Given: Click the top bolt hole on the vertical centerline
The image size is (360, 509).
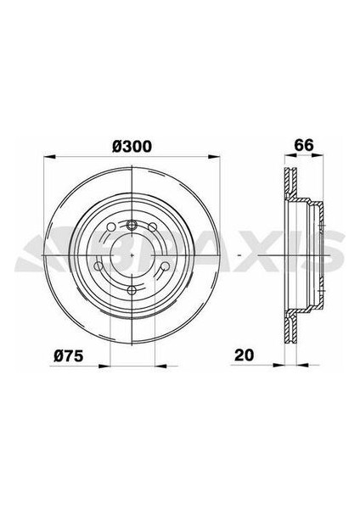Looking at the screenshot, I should [x=133, y=224].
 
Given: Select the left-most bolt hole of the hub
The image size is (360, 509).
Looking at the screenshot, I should [x=99, y=266].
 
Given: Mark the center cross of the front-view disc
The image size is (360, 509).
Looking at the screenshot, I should [x=133, y=255].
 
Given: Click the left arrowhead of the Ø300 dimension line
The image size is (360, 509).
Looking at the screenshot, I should [x=47, y=158].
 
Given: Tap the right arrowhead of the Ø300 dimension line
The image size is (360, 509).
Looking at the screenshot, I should [x=220, y=158].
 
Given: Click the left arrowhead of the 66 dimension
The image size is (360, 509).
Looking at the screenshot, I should [x=284, y=158].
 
